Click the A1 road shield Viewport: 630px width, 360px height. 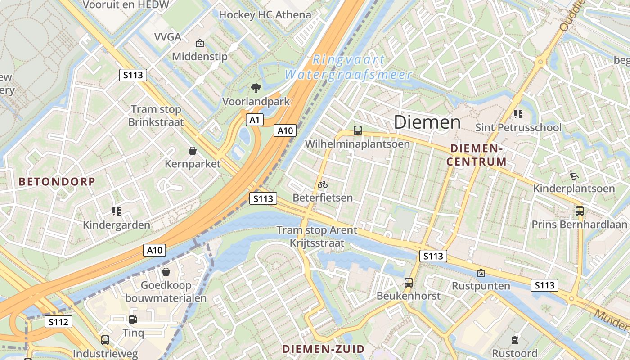254,120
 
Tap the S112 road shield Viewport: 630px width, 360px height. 58,322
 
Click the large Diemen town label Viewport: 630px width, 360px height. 427,122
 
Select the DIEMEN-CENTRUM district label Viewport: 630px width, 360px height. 477,155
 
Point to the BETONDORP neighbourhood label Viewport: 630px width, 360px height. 57,182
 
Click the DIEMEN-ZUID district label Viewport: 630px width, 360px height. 323,349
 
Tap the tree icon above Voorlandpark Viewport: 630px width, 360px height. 256,88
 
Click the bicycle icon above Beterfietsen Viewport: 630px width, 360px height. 323,184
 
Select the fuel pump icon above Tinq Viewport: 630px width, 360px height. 133,319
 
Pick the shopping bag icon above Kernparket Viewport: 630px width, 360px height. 193,150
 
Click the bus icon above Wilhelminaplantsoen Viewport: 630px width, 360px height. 358,130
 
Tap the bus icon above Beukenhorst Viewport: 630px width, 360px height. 409,283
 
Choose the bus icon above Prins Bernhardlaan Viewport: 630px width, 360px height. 580,211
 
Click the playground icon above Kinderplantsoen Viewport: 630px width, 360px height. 574,175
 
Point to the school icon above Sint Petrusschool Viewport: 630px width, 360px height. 518,114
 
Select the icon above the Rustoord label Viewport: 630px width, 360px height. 515,340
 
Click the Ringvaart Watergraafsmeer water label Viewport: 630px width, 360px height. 349,67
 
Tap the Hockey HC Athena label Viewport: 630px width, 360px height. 265,15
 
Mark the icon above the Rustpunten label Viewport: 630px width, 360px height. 481,272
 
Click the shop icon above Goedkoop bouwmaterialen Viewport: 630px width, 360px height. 166,272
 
